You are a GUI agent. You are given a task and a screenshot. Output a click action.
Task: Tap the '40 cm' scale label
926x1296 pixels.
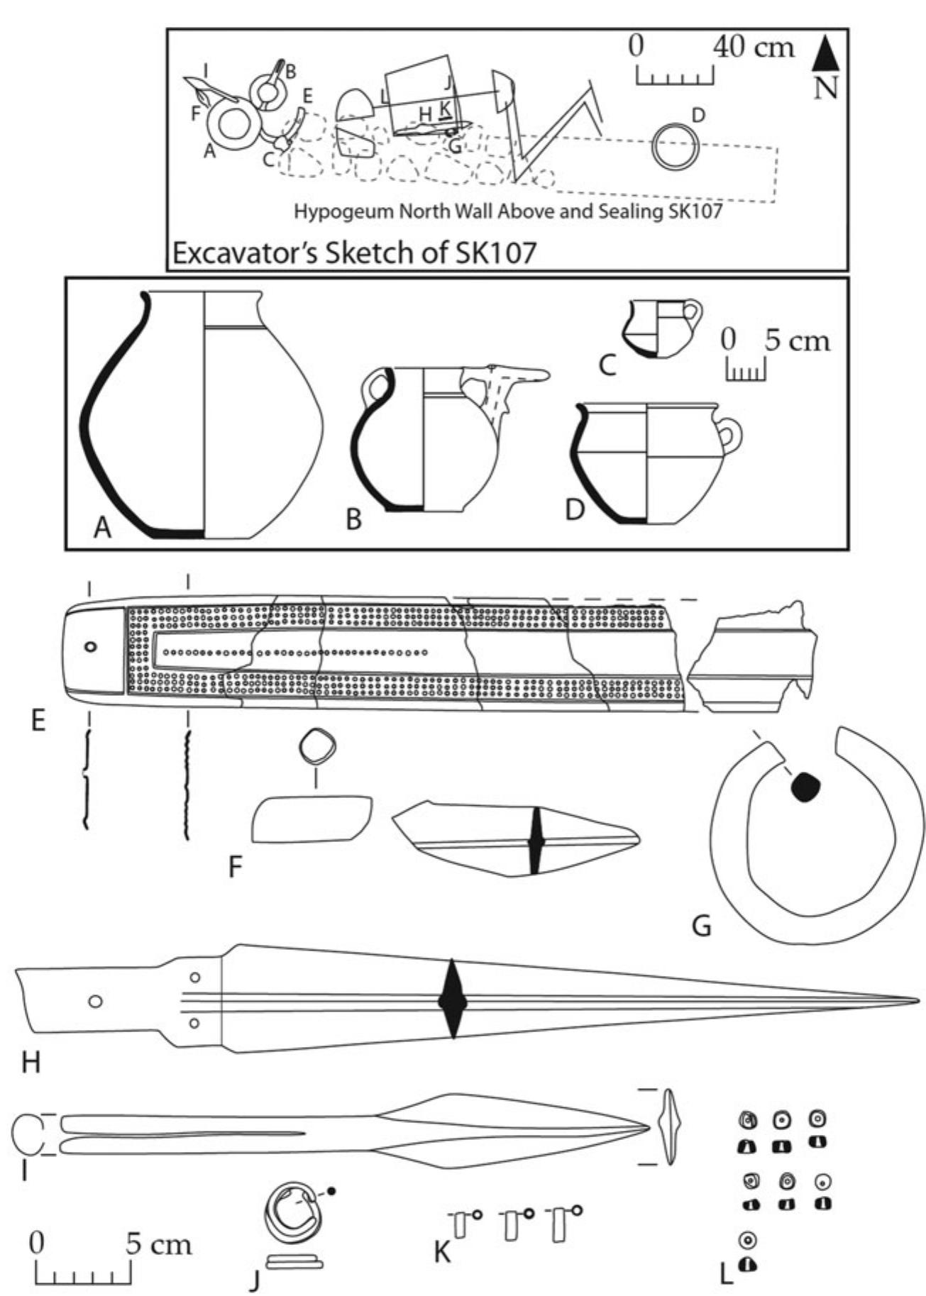[x=754, y=47]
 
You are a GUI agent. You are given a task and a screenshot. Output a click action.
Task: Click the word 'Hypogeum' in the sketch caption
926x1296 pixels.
[x=338, y=211]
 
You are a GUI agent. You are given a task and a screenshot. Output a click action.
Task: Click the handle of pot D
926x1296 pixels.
[x=730, y=435]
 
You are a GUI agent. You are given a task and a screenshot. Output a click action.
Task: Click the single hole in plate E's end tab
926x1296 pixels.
[x=91, y=647]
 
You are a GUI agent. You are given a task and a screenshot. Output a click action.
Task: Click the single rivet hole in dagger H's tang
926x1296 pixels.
[x=94, y=1002]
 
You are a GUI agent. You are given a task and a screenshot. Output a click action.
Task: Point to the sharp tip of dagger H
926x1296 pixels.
[x=916, y=1001]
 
